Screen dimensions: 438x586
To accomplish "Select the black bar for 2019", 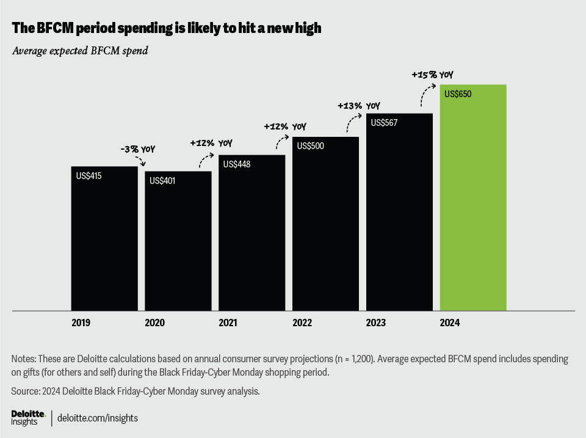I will tap(104, 238).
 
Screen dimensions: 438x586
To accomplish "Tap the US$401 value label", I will tap(162, 181).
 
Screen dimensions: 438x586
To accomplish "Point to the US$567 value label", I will tap(384, 123).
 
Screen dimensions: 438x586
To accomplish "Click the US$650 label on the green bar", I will tap(458, 94).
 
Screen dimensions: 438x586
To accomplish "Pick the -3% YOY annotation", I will tap(138, 148).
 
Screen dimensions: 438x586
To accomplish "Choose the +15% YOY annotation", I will tap(432, 75).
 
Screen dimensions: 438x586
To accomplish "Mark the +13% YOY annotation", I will tap(359, 106).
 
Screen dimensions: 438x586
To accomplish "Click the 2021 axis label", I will tap(228, 322).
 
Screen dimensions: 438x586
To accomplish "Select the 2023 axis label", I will tap(376, 322).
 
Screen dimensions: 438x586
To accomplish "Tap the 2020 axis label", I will tap(155, 322).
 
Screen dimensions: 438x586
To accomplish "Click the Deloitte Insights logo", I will tap(28, 418).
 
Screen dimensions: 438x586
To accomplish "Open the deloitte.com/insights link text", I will tap(98, 418).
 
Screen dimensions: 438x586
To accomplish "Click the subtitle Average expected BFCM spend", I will tap(80, 51).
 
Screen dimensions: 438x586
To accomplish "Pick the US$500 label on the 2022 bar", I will tap(311, 146).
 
